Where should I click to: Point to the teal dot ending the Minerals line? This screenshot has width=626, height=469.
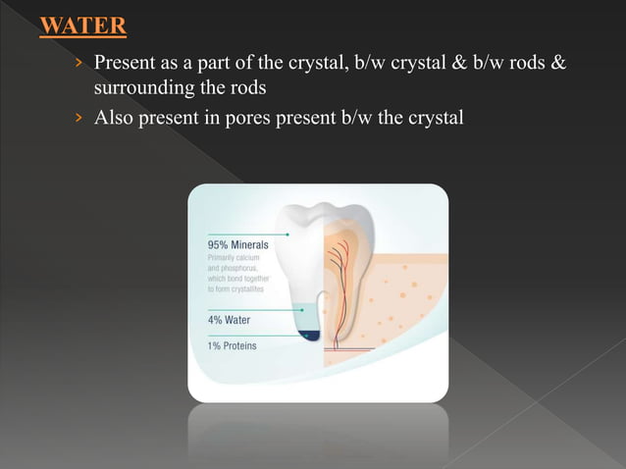[x=288, y=234]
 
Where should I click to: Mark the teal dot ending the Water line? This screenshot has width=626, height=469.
[x=302, y=310]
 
